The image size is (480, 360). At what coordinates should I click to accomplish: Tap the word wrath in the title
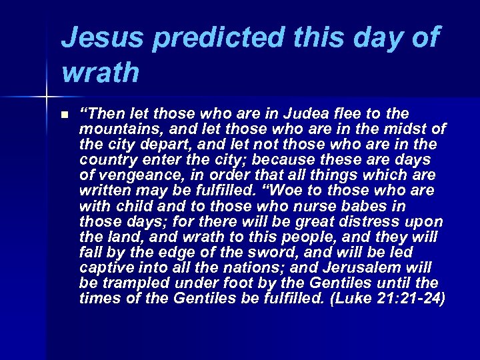[x=100, y=73]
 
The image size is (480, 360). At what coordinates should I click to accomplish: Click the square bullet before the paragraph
[x=63, y=115]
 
